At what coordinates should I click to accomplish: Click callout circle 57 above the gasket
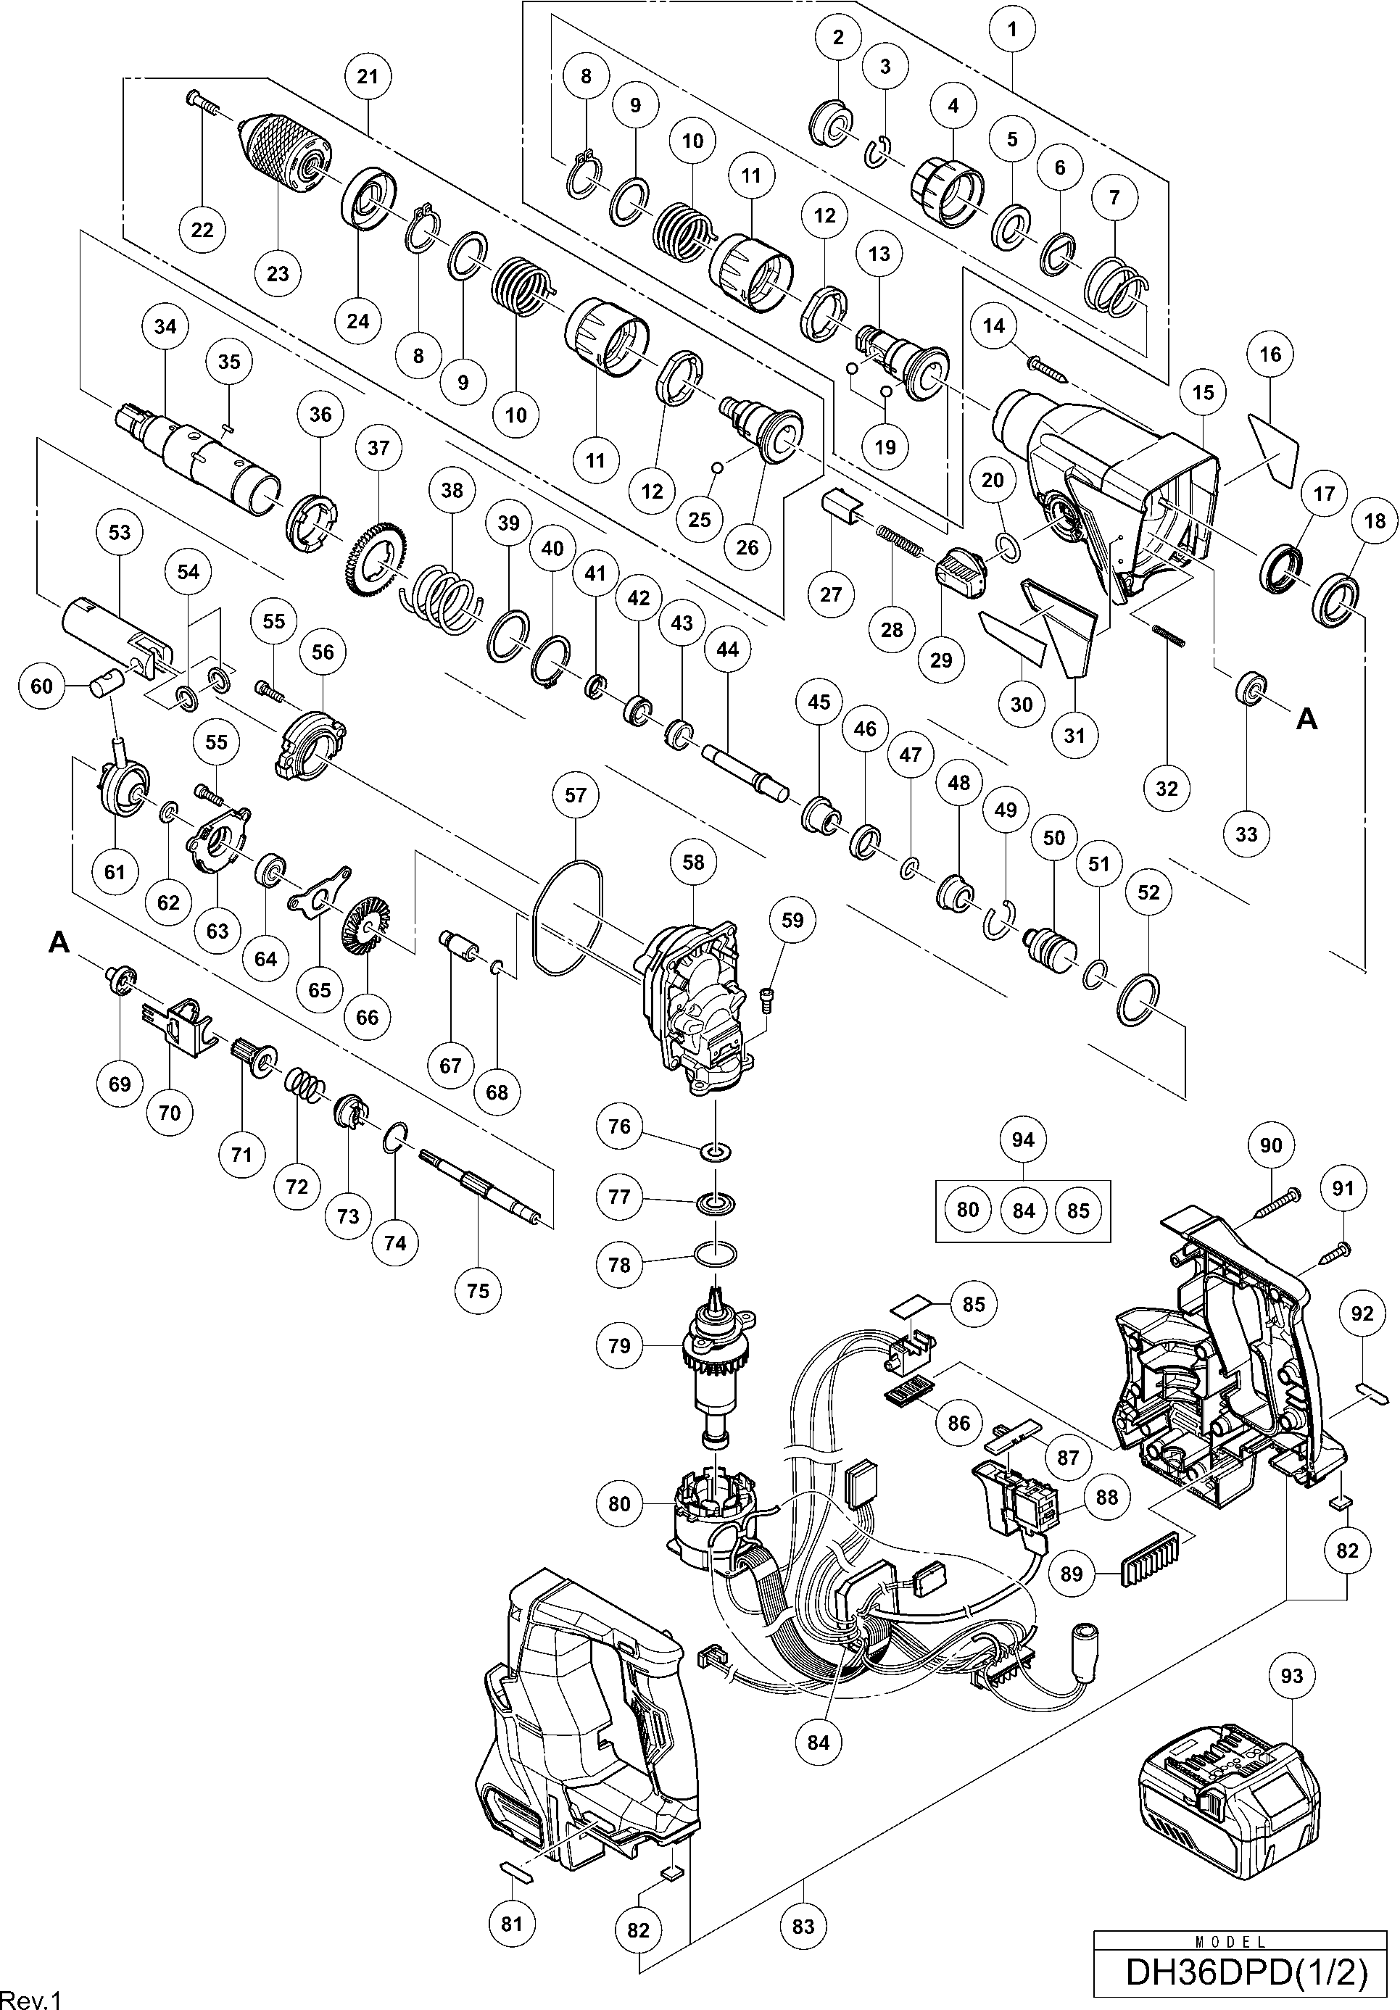click(576, 796)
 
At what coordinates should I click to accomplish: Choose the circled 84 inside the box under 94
click(1023, 1210)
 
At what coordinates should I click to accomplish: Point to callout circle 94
click(1023, 1139)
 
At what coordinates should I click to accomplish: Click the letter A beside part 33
click(1306, 720)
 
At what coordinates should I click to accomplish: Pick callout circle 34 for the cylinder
click(165, 326)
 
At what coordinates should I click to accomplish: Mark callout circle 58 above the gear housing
click(692, 863)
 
